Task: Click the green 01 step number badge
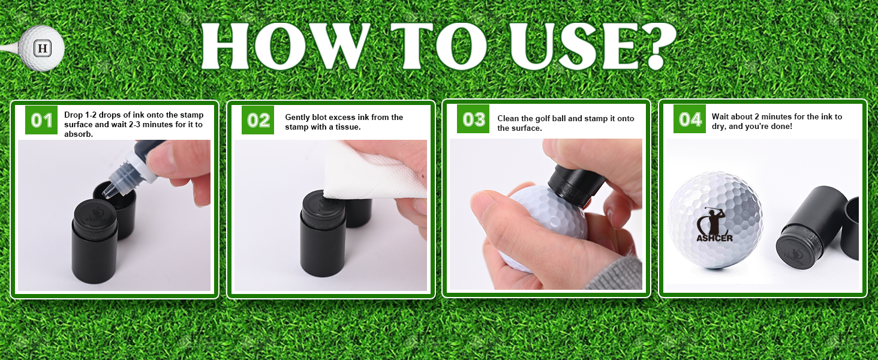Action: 41,120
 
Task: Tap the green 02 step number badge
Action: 257,120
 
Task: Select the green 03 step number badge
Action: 473,119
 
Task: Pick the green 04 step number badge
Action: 690,119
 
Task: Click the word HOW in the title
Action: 286,46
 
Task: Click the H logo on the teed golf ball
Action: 43,49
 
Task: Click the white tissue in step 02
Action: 372,173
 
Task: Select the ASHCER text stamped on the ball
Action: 714,238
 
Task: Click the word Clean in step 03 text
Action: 509,118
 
